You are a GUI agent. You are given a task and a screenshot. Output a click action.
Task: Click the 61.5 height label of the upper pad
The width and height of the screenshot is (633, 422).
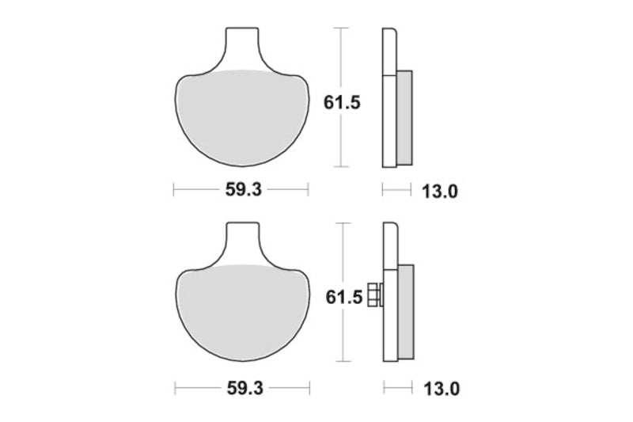[343, 102]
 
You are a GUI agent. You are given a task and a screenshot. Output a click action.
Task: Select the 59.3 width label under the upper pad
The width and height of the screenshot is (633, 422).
[241, 189]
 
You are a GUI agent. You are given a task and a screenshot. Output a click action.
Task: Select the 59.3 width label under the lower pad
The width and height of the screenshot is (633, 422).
[241, 389]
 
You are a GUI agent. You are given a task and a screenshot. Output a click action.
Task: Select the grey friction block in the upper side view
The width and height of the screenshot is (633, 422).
[404, 118]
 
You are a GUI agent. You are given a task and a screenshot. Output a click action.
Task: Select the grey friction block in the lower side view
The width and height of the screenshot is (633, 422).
[405, 313]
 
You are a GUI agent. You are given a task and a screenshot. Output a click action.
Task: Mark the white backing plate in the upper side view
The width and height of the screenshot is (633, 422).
[389, 99]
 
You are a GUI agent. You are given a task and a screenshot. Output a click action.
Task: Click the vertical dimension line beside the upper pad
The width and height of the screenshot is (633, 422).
[340, 143]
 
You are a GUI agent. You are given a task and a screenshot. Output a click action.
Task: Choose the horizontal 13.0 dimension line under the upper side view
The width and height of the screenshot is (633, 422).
[396, 189]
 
